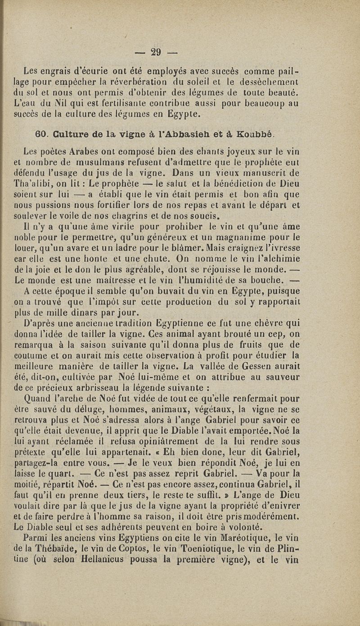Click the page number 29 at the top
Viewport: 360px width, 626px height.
156,51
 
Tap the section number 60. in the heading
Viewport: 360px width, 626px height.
41,133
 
